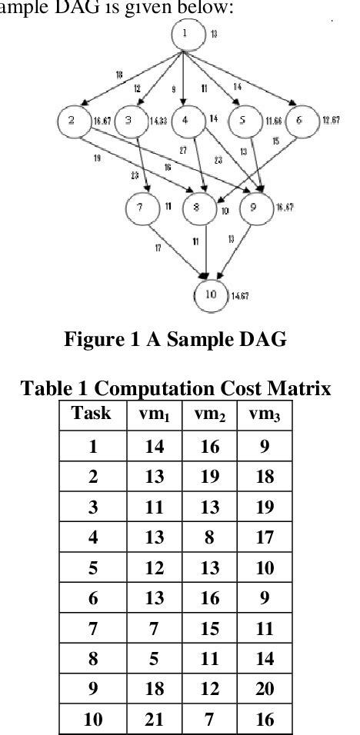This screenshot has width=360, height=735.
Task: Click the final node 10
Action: [x=209, y=294]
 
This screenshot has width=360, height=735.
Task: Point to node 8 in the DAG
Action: [x=198, y=209]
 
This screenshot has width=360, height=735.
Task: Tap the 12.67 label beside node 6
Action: [x=330, y=121]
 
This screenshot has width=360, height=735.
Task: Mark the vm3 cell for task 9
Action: [x=263, y=688]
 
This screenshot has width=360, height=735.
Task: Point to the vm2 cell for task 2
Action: [x=208, y=477]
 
